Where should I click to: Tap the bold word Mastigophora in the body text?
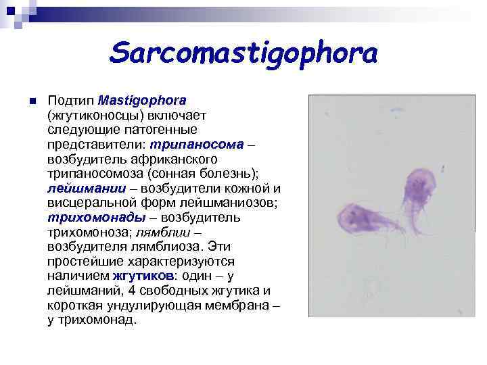point(142,101)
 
